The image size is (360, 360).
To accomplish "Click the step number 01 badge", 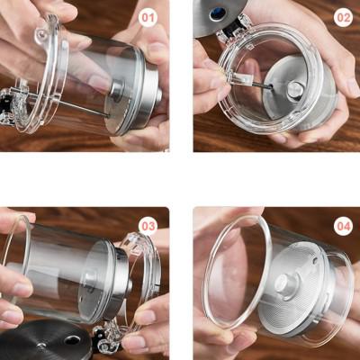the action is (x=148, y=18).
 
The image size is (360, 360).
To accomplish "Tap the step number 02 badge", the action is (x=343, y=17).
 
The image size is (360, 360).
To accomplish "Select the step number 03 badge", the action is (x=148, y=226).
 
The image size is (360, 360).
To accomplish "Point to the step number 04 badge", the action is (x=344, y=227).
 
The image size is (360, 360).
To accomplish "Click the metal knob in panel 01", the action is (x=118, y=89).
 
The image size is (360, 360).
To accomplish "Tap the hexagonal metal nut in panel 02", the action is (x=294, y=90).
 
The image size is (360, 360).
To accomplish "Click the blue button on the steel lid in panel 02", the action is (x=218, y=13).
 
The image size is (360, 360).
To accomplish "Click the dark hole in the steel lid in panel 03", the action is (x=72, y=340).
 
